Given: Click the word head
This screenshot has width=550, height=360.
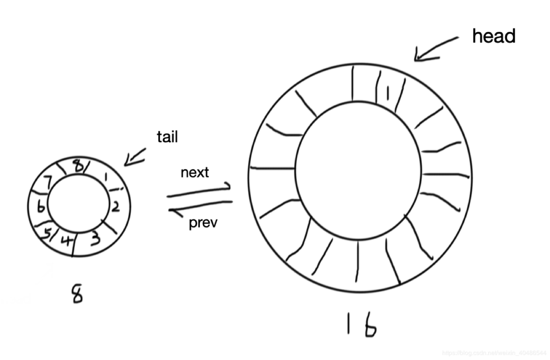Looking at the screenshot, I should (x=494, y=36).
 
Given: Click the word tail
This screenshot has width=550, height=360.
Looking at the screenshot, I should (x=167, y=137).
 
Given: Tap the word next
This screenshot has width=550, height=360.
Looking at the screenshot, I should (x=194, y=172).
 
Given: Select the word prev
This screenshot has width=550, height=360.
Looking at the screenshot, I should (x=203, y=223).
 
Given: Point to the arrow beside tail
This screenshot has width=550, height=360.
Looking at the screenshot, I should (x=135, y=157).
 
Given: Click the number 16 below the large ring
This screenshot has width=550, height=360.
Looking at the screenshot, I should (x=361, y=324).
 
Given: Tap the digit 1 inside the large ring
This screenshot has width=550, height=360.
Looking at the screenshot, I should (x=388, y=93).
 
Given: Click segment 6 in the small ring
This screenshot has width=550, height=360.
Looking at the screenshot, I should (x=40, y=207).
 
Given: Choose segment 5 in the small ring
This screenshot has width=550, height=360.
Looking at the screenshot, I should (x=48, y=234).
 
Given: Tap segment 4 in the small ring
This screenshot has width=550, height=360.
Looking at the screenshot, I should (x=67, y=240).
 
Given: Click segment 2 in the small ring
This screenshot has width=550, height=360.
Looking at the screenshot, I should (x=115, y=206).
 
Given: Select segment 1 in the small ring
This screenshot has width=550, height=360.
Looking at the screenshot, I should (x=106, y=178).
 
